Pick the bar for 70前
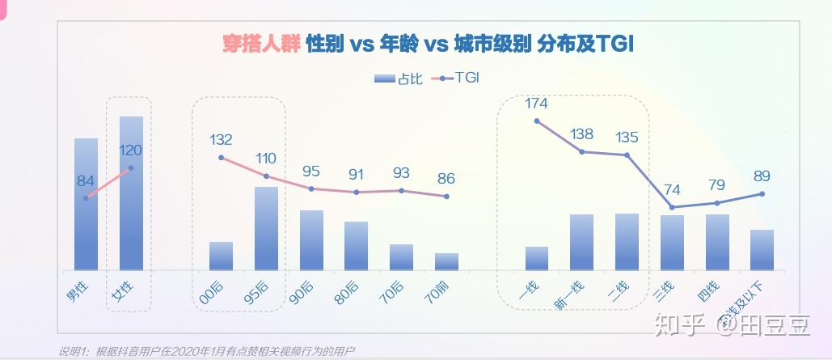coord(446,261)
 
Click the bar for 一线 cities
coord(536,258)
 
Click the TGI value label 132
coord(221,139)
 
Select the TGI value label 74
coord(672,190)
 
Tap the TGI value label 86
coord(446,178)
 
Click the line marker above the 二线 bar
coord(627,155)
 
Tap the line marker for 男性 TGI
coord(86,197)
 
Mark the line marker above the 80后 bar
coord(356,192)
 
